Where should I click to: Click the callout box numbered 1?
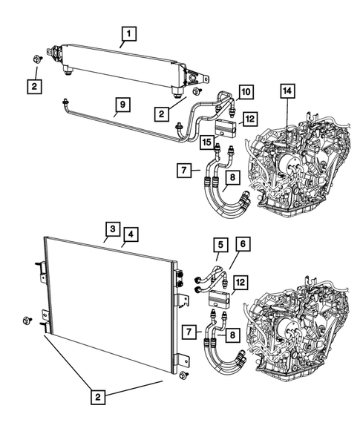[128, 33]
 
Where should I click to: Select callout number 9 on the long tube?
[120, 105]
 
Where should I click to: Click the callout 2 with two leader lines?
[99, 397]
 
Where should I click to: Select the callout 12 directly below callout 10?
[249, 118]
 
